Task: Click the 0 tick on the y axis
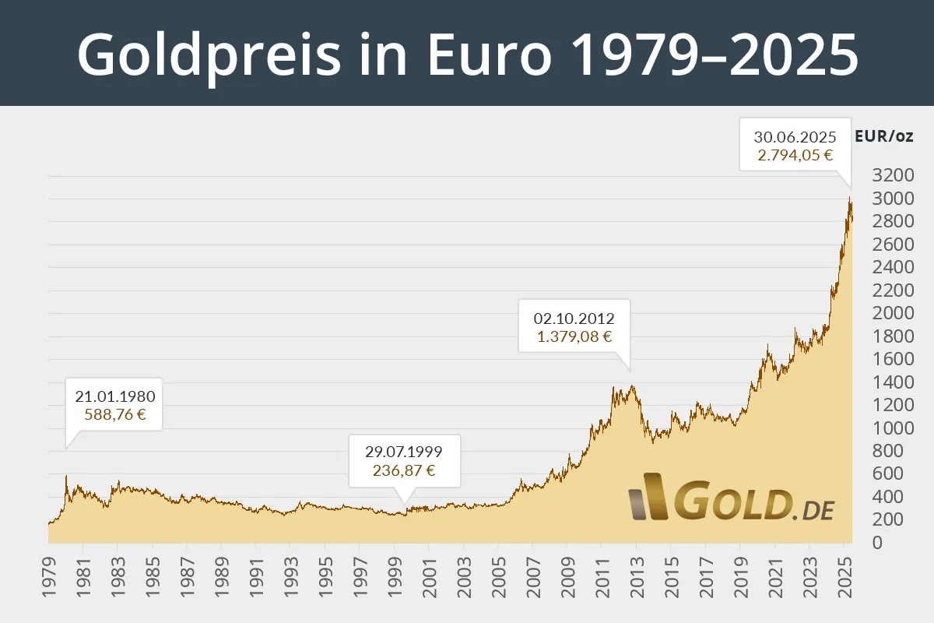click(x=878, y=543)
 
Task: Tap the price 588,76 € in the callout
click(x=115, y=414)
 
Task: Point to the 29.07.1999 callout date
click(x=404, y=452)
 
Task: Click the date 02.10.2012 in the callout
click(x=574, y=319)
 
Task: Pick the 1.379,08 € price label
click(x=574, y=337)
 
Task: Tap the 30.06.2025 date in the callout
click(x=795, y=136)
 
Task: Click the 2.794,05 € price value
click(x=795, y=155)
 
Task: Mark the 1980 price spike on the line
click(x=66, y=476)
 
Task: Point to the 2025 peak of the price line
click(x=850, y=199)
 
